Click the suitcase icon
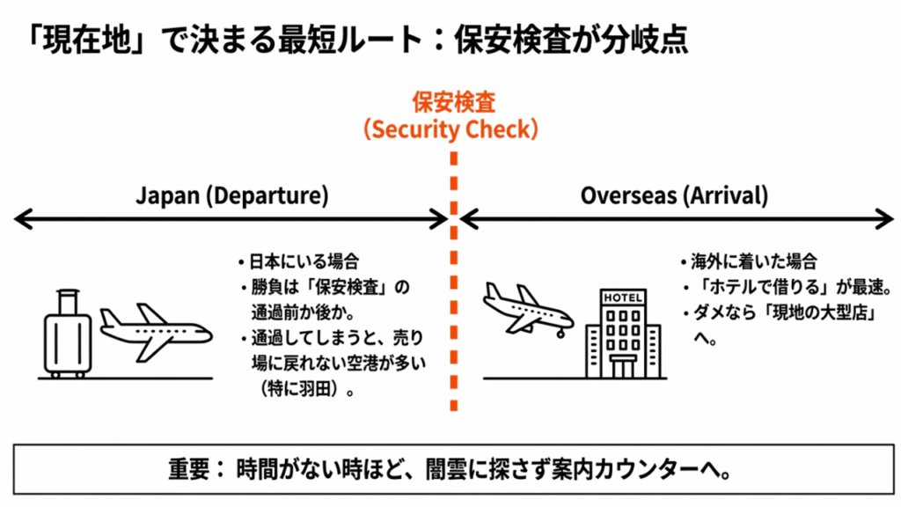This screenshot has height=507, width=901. (x=68, y=334)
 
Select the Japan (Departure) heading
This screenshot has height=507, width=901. (x=231, y=195)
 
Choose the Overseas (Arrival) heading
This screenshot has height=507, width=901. (x=674, y=195)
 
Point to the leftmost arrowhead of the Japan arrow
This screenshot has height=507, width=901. (x=19, y=219)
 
